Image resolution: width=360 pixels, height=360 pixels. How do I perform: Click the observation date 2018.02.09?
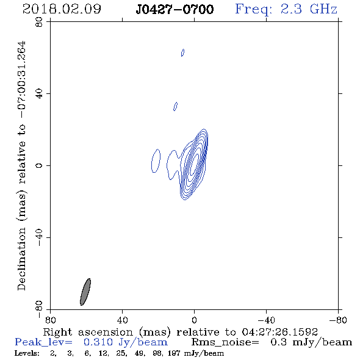coord(62,9)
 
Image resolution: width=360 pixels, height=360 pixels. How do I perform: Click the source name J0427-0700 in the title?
coord(175,9)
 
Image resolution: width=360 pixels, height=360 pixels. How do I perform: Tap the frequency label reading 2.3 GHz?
coord(309,9)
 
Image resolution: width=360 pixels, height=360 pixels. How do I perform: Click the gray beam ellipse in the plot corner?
coord(85,292)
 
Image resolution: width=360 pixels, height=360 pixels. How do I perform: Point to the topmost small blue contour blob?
coord(183,52)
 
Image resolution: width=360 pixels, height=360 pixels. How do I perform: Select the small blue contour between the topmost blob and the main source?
coord(175,106)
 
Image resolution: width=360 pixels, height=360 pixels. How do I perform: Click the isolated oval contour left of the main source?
coord(156,160)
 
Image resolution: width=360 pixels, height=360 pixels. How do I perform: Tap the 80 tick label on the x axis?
coord(50,320)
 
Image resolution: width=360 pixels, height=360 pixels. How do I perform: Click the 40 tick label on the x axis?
coord(122,320)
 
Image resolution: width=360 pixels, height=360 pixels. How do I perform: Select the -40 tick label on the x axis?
coord(266,320)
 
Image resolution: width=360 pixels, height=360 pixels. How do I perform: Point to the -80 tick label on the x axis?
coord(338,320)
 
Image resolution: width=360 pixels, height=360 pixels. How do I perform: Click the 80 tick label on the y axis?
coord(39,22)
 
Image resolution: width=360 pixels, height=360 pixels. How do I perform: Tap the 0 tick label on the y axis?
coord(39,165)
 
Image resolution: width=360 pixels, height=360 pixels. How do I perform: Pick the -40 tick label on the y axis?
coord(39,237)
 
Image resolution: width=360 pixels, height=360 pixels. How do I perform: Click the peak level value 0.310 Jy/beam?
coord(126,342)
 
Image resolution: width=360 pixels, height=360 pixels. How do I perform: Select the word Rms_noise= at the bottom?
coord(225,342)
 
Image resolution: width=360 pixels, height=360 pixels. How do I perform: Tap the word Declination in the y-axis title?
coord(21,259)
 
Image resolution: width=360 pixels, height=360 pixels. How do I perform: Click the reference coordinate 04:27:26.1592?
coord(280,332)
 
